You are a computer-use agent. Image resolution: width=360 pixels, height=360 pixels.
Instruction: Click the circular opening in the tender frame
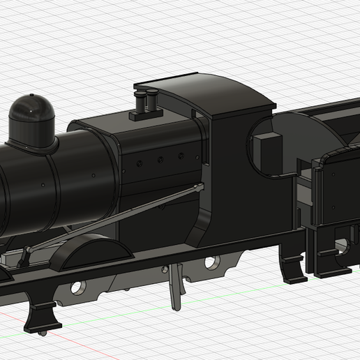342,245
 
